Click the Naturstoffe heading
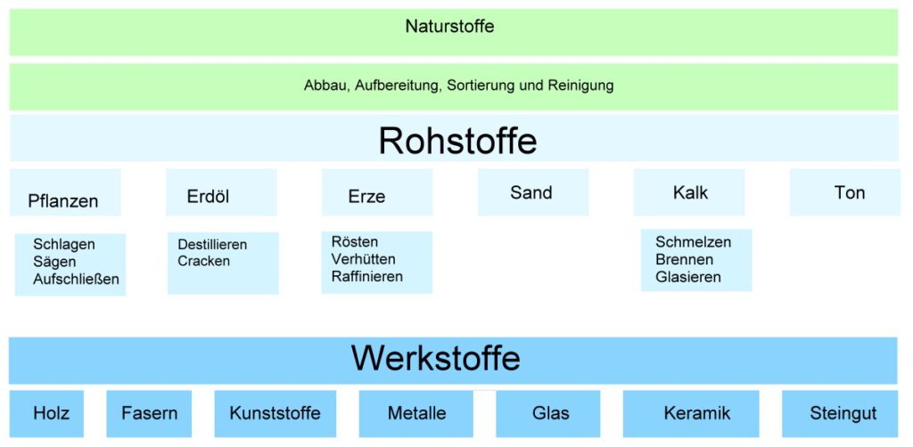[x=449, y=27]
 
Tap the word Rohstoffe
[x=457, y=141]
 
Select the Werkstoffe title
[x=436, y=358]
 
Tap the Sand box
[x=532, y=192]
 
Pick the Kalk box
[x=689, y=192]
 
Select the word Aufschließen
[x=76, y=280]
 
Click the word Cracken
[x=203, y=261]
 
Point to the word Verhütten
[x=363, y=259]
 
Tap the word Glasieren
[x=688, y=277]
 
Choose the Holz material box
[x=51, y=413]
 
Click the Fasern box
[x=149, y=413]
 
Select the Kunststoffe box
[x=275, y=413]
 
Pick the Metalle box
[x=416, y=413]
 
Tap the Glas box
[x=550, y=413]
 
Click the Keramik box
[x=696, y=413]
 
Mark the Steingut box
[x=843, y=413]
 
